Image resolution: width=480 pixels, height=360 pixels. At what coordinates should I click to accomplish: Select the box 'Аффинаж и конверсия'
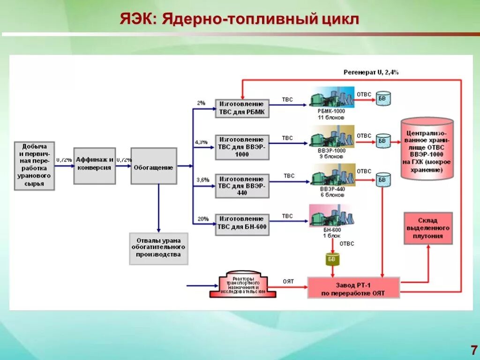coord(94,164)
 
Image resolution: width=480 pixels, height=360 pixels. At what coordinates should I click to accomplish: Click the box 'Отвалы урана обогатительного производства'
coord(158,248)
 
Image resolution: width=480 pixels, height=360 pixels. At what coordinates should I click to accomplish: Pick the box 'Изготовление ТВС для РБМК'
coord(242,108)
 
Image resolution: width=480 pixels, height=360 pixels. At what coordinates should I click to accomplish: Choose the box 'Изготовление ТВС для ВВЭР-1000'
coord(242,147)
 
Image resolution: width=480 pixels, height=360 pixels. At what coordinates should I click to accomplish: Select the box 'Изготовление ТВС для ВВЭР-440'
coord(242,186)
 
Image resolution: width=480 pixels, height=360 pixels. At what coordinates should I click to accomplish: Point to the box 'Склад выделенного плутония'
coord(428,228)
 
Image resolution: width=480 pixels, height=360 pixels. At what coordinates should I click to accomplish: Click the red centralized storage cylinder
coord(427,150)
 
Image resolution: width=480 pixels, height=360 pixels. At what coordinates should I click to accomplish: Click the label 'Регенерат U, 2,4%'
coord(371,72)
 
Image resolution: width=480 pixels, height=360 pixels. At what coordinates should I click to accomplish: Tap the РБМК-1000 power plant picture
coord(332,97)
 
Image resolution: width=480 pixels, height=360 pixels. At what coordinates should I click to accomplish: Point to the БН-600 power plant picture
coord(331,216)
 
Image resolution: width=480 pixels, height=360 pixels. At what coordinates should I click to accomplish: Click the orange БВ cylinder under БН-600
coord(332,259)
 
